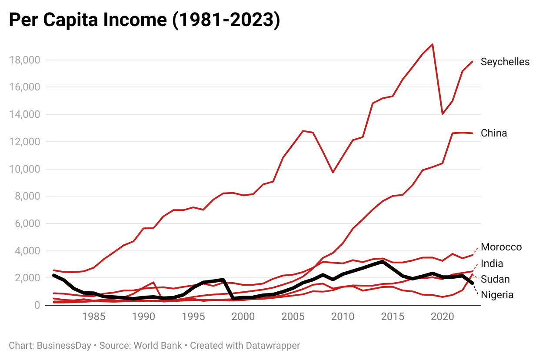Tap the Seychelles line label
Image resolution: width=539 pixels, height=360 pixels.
click(x=505, y=62)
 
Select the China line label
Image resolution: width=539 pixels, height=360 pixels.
click(x=494, y=133)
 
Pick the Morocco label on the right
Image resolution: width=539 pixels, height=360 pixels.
click(x=501, y=247)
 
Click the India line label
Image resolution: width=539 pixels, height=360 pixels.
click(x=492, y=263)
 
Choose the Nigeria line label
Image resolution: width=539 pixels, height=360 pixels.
click(x=497, y=295)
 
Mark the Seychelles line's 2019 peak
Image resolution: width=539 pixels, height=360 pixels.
click(x=433, y=44)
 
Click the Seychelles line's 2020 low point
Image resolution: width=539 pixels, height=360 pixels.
click(x=443, y=114)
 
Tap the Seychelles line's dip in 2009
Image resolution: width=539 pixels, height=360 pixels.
click(x=333, y=172)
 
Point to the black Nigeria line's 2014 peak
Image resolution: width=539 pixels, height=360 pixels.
click(x=382, y=262)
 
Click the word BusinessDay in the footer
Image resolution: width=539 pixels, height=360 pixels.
click(x=64, y=346)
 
